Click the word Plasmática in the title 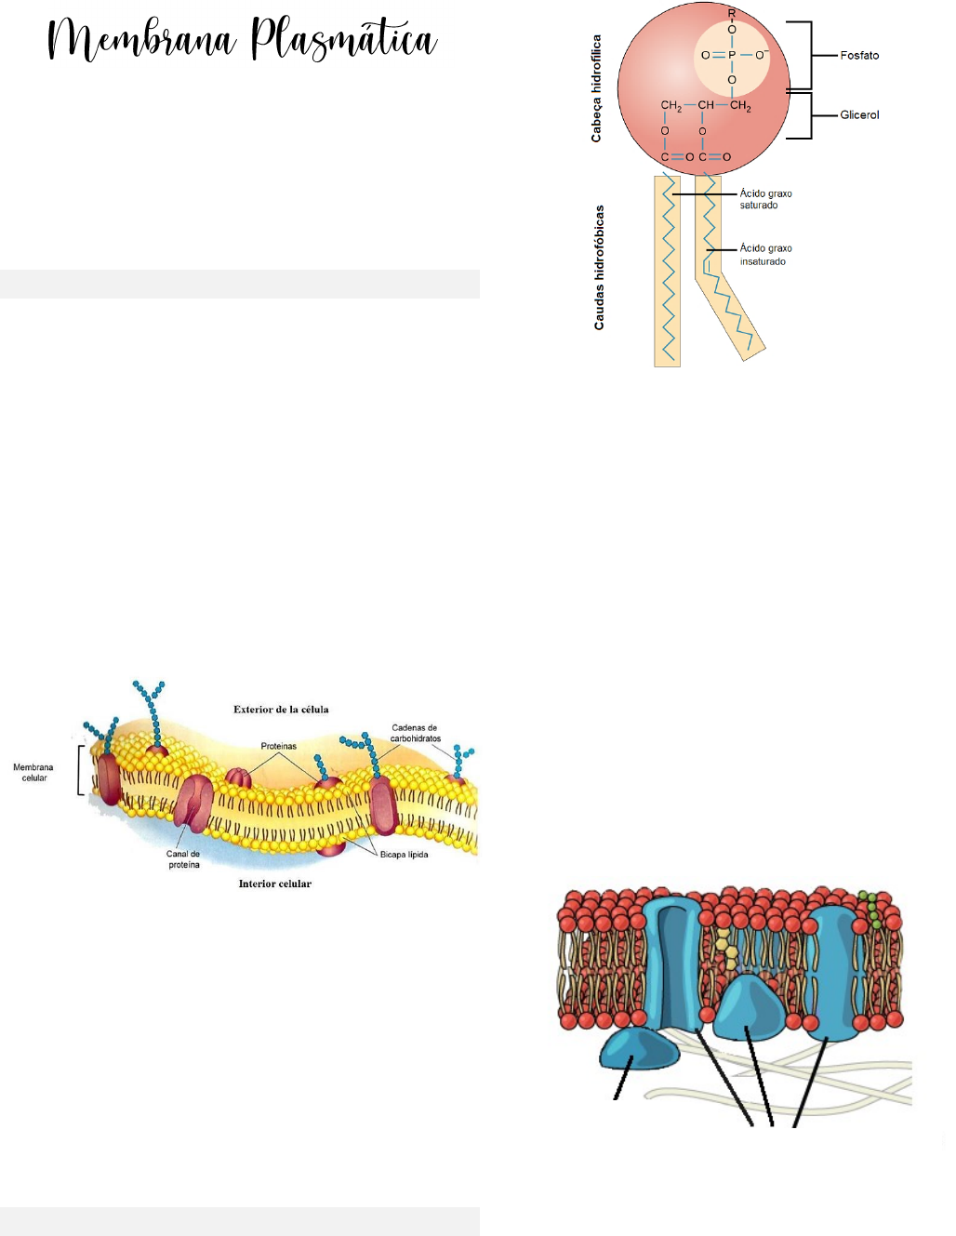coord(343,41)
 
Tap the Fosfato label coord(859,56)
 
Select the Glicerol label coord(859,115)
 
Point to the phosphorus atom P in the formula coord(732,56)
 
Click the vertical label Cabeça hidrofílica coord(597,88)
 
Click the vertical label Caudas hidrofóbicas coord(599,268)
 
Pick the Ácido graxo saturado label coord(765,199)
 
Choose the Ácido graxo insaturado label coord(765,255)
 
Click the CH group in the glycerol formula coord(706,105)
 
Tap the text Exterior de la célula coord(281,710)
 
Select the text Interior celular coord(274,884)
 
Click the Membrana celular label coord(33,773)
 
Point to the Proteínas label coord(278,746)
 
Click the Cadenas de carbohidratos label coord(415,733)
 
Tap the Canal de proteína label coord(183,859)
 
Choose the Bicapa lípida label coord(404,855)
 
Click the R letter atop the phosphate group coord(732,13)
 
